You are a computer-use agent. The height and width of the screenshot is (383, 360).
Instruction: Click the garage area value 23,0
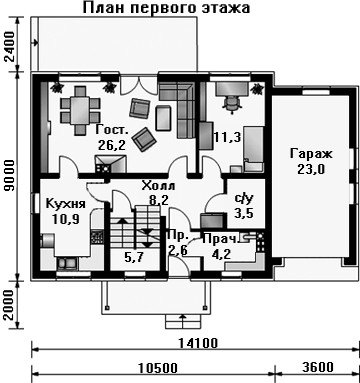[311, 170]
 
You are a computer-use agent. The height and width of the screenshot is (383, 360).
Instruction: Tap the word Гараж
[311, 154]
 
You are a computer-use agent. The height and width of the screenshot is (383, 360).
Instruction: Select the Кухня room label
[65, 204]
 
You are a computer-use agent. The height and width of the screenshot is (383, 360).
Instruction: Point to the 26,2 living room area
[112, 145]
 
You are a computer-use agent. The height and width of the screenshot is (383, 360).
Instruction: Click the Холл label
[158, 186]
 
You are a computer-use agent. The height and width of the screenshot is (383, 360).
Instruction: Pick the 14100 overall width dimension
[198, 343]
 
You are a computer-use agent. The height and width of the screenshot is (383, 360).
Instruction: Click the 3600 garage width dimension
[318, 367]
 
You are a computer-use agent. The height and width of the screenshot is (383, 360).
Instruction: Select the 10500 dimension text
[158, 368]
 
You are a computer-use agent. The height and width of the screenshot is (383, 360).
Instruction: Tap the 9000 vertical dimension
[10, 176]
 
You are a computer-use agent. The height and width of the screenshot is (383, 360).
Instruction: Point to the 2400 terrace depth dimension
[10, 46]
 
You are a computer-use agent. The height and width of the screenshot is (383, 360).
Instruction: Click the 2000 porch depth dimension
[10, 305]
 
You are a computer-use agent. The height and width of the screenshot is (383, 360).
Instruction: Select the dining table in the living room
[80, 111]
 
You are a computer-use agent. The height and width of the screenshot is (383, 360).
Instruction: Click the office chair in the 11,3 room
[232, 102]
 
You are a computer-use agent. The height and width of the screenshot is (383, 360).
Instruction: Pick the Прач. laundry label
[221, 239]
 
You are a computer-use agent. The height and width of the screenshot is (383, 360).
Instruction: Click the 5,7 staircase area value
[136, 257]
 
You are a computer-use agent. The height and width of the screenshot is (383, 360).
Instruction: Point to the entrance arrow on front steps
[183, 320]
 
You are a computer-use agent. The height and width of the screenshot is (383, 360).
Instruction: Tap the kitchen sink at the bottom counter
[67, 264]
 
